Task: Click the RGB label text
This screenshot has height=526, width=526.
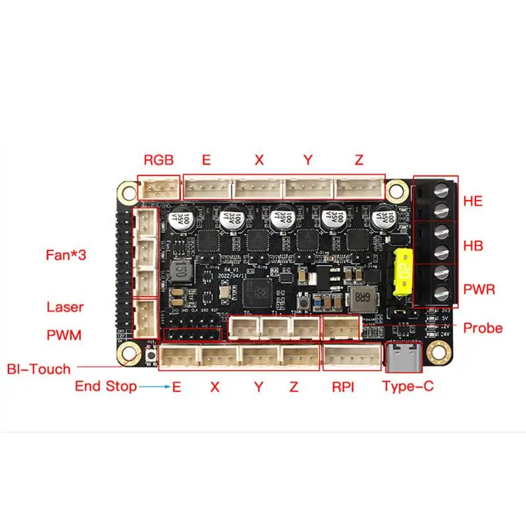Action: tap(159, 160)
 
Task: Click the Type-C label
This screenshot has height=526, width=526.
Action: tap(408, 386)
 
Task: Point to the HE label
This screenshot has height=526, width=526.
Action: tap(473, 201)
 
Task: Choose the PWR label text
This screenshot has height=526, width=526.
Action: tap(478, 289)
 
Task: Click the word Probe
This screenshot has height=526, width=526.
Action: tap(483, 327)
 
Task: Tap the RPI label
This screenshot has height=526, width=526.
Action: tap(342, 387)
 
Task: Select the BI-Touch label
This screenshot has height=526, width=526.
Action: tap(39, 369)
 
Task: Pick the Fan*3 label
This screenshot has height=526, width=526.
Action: tap(66, 254)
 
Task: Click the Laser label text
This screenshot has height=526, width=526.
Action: tap(65, 307)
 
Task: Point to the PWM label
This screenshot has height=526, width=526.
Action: tap(64, 335)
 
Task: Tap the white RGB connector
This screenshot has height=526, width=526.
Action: tap(158, 189)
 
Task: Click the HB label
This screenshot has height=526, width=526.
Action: tap(473, 246)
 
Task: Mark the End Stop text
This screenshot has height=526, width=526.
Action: tap(106, 387)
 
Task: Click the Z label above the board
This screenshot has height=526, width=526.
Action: tap(358, 160)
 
